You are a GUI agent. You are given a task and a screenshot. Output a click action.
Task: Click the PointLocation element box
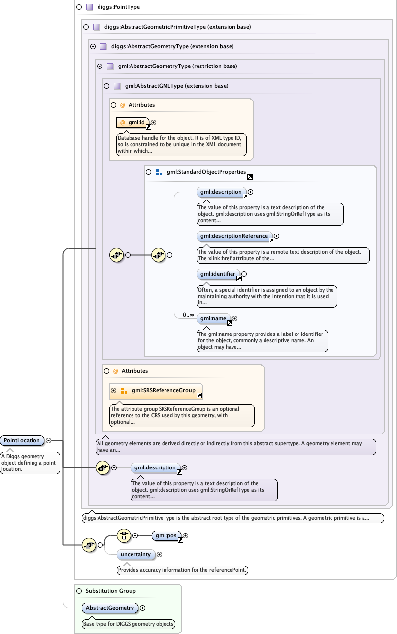22,440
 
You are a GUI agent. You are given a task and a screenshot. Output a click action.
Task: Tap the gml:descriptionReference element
234,236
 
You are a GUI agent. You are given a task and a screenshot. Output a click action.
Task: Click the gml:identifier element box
218,274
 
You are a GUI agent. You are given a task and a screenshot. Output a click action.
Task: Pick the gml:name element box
213,318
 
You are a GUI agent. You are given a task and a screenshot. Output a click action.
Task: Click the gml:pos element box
166,535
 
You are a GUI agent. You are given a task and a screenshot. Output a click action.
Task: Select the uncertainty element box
136,554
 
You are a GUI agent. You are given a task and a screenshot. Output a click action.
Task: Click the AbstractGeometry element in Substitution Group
110,608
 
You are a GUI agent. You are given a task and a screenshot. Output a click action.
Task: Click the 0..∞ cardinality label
188,315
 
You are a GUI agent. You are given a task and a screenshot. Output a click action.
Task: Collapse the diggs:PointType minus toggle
79,7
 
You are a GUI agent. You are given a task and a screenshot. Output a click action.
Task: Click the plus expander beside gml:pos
186,535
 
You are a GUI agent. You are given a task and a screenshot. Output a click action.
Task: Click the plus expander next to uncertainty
159,554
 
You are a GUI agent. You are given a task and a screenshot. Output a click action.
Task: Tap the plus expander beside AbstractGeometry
142,608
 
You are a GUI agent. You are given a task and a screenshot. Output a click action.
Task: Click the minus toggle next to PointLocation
48,440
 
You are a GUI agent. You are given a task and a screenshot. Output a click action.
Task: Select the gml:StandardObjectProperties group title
206,172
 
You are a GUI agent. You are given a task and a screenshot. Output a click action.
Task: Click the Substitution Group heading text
110,591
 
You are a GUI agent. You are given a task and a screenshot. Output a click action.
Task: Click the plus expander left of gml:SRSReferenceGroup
114,390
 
